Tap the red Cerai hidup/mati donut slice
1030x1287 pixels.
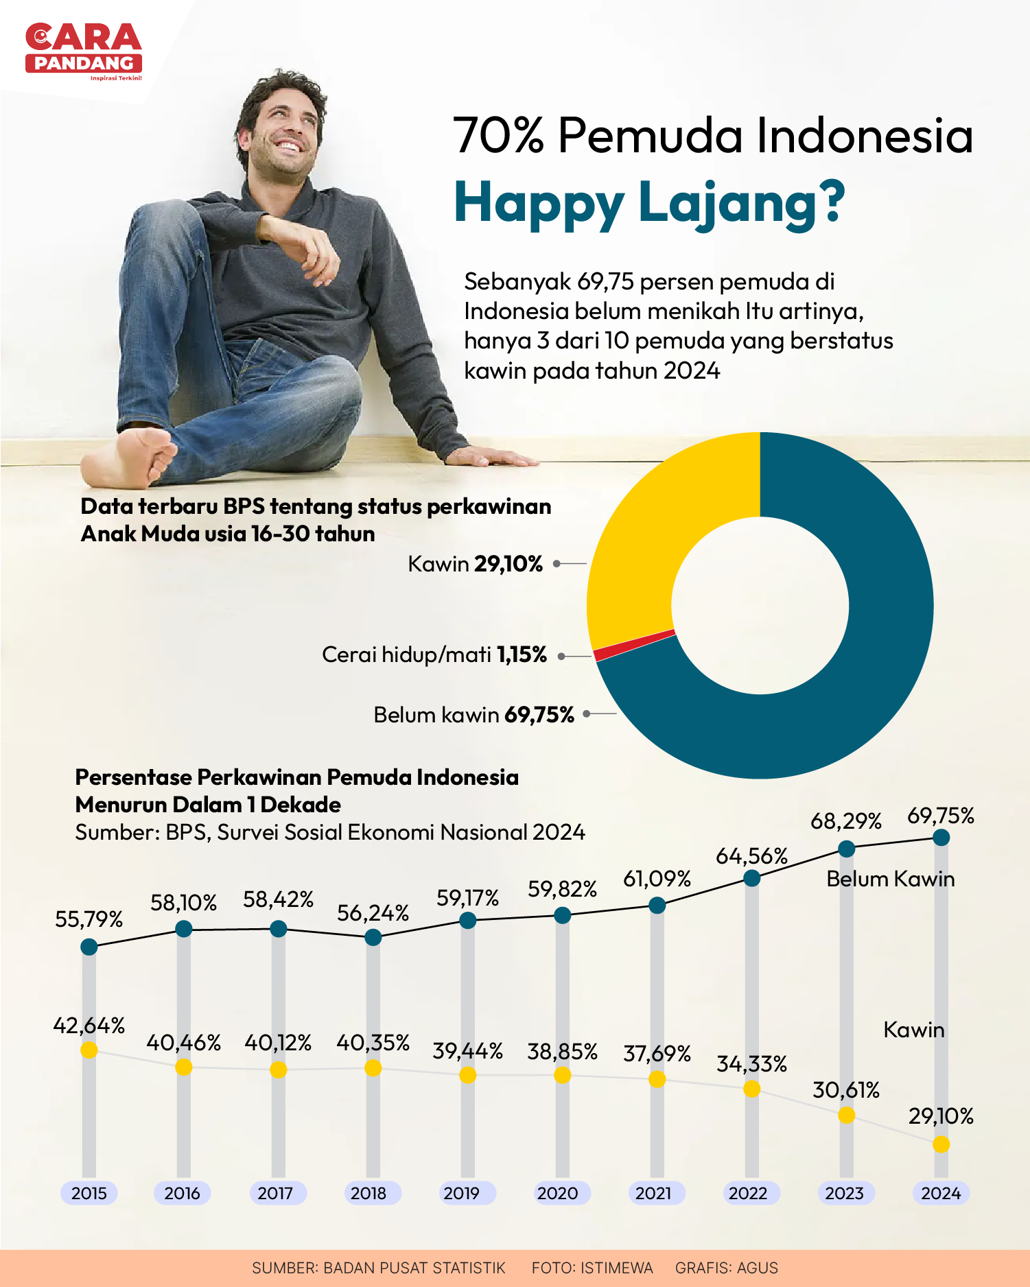(634, 645)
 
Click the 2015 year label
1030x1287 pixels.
(89, 1193)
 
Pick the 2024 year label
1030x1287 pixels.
(941, 1193)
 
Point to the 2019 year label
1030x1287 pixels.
(462, 1193)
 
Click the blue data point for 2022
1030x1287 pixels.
(752, 878)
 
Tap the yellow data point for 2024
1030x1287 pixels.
(941, 1144)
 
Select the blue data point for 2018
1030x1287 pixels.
(373, 937)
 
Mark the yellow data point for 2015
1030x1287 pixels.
(89, 1050)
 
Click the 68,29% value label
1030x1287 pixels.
(846, 821)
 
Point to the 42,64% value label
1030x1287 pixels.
(89, 1026)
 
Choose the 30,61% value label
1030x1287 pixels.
(846, 1090)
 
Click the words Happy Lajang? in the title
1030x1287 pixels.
(649, 203)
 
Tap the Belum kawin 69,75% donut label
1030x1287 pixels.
(473, 715)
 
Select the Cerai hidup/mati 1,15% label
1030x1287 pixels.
(434, 654)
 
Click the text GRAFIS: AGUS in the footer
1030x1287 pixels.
(727, 1268)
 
